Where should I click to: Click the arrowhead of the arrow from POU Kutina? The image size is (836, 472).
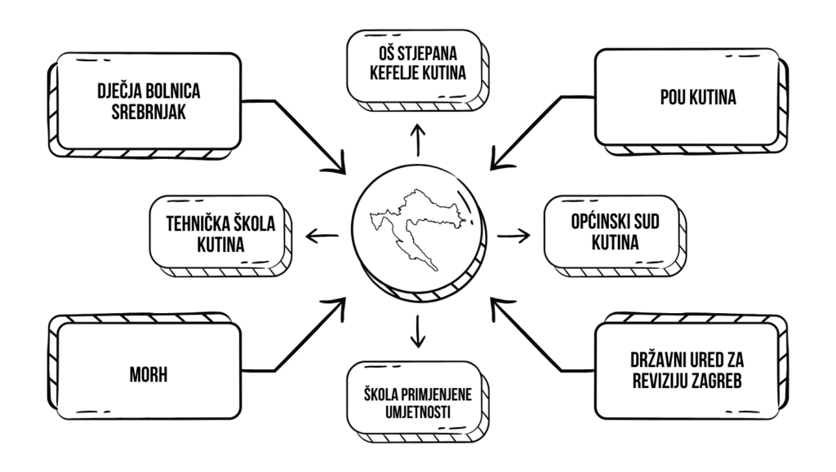[x=496, y=165]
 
